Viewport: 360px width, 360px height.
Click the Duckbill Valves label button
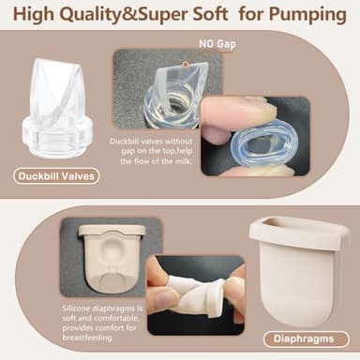pyautogui.click(x=57, y=175)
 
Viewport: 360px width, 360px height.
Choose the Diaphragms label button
pyautogui.click(x=306, y=337)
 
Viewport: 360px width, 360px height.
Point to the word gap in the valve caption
pyautogui.click(x=126, y=151)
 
